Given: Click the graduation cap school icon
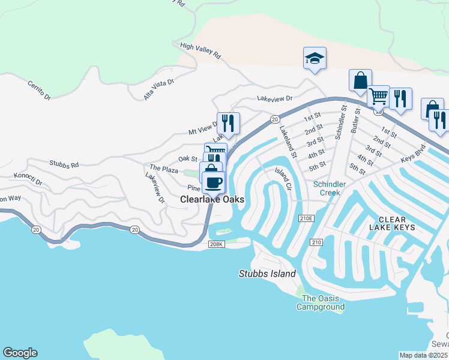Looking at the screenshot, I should click(x=315, y=59).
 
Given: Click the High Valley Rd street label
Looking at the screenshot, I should click(x=200, y=51).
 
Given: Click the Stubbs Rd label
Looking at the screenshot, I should click(x=64, y=164).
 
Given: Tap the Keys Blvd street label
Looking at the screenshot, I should click(x=413, y=154).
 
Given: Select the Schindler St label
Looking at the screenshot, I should click(x=340, y=123).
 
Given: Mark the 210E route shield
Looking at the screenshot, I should click(x=306, y=218).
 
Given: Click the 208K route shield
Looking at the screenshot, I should click(x=216, y=244).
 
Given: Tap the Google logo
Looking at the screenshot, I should click(x=20, y=353).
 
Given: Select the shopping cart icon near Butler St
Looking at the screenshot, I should click(x=378, y=95).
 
